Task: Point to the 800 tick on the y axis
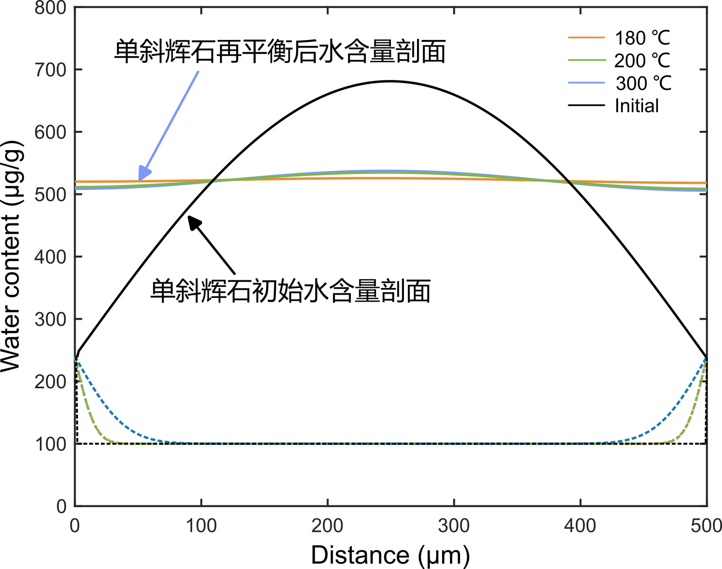pyautogui.click(x=50, y=8)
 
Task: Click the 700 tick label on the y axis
pyautogui.click(x=50, y=70)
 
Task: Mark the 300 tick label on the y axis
pyautogui.click(x=50, y=320)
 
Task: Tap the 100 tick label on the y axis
pyautogui.click(x=50, y=444)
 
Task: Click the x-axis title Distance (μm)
pyautogui.click(x=390, y=555)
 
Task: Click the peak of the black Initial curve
pyautogui.click(x=391, y=81)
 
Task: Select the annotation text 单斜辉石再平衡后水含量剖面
pyautogui.click(x=280, y=51)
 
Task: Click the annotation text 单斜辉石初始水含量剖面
pyautogui.click(x=290, y=291)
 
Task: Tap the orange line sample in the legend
pyautogui.click(x=586, y=38)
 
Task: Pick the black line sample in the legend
pyautogui.click(x=586, y=105)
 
